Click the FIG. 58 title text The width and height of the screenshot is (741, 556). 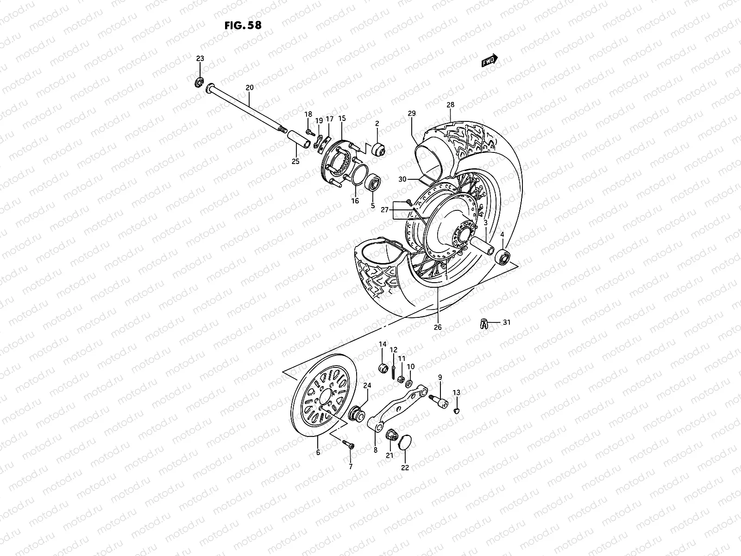[x=242, y=25]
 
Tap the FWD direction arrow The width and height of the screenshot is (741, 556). [x=489, y=61]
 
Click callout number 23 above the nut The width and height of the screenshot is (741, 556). [x=200, y=58]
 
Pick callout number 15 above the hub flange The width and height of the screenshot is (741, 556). [x=342, y=119]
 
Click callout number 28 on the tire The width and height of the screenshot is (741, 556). [x=450, y=105]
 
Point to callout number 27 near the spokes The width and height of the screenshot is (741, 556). [x=385, y=210]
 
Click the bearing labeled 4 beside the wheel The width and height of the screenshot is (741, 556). [x=502, y=256]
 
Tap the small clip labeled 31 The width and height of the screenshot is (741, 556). [x=483, y=323]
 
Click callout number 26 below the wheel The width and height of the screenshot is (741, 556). [x=438, y=327]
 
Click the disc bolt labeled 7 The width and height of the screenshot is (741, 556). [x=349, y=444]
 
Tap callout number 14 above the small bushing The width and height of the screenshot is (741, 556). [x=383, y=344]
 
